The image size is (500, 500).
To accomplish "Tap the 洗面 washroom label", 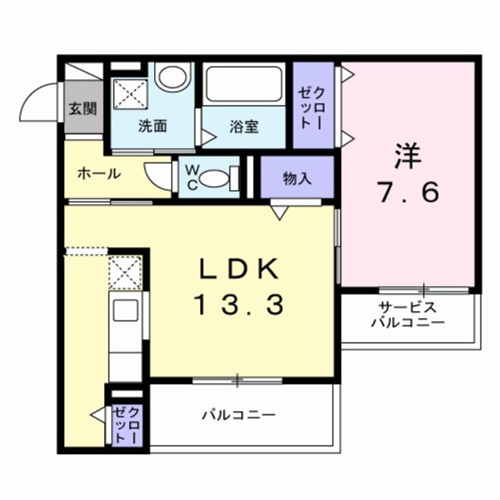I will coord(152,126).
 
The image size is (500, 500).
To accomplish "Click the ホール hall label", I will coord(99,174).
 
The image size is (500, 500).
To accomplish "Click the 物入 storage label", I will coord(297,178).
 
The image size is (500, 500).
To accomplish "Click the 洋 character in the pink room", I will coord(408,157).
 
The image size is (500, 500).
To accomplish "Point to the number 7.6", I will coord(408,192).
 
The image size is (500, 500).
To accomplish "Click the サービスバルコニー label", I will coord(407,315).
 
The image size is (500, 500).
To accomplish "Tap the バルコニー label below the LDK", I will coord(239,415).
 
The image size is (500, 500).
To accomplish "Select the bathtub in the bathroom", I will coord(243,85).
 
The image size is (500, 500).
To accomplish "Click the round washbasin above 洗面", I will coord(173,75).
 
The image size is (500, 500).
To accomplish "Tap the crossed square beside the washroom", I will coord(131,94).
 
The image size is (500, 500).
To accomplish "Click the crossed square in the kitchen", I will coord(125,272).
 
